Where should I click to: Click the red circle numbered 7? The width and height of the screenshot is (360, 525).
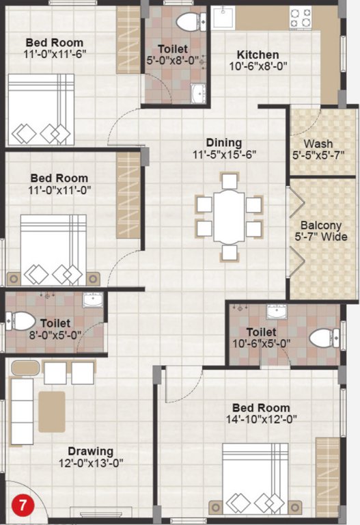[23, 507]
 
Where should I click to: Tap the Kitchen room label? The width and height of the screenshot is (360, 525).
[258, 55]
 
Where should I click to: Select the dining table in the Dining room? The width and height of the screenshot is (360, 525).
[229, 217]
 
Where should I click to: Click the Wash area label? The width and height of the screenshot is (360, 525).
[318, 144]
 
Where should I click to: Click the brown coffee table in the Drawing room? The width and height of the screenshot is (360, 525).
[51, 412]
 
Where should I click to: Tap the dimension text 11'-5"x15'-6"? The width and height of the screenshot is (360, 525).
[225, 155]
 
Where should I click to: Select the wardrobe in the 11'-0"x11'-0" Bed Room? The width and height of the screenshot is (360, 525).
[128, 195]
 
